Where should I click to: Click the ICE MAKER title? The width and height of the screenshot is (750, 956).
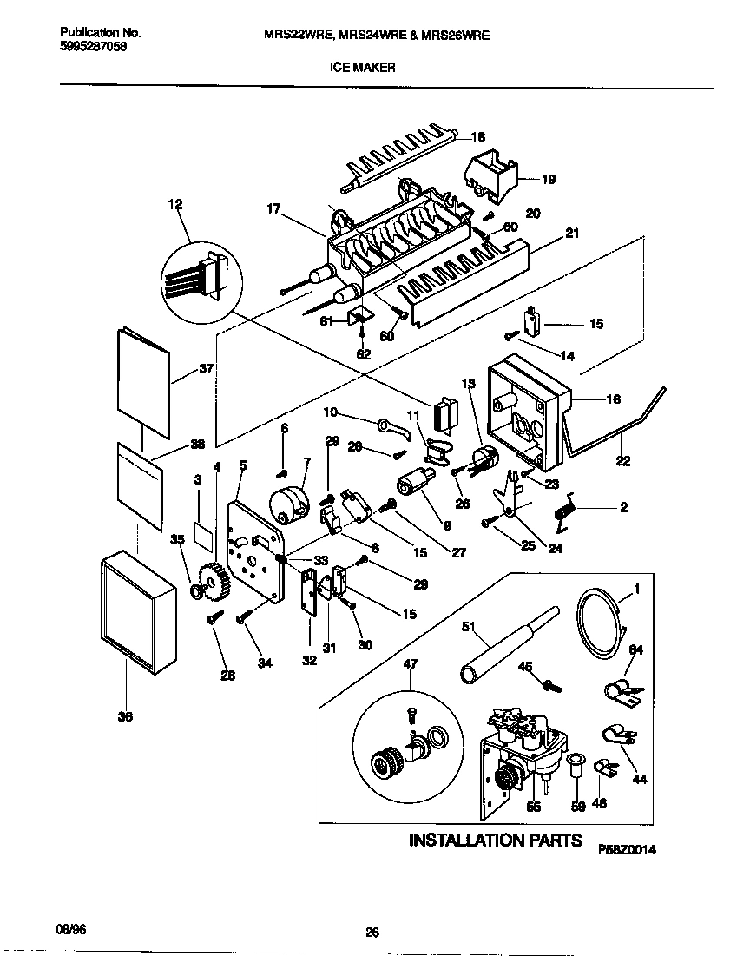(363, 66)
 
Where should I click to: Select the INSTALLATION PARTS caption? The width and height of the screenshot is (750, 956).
(495, 840)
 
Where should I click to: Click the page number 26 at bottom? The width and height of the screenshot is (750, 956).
(372, 933)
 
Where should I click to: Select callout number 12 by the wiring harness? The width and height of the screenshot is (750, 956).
(175, 205)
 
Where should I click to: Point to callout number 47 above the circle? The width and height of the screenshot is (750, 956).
(410, 663)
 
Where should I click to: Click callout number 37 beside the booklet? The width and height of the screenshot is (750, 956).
(206, 368)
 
